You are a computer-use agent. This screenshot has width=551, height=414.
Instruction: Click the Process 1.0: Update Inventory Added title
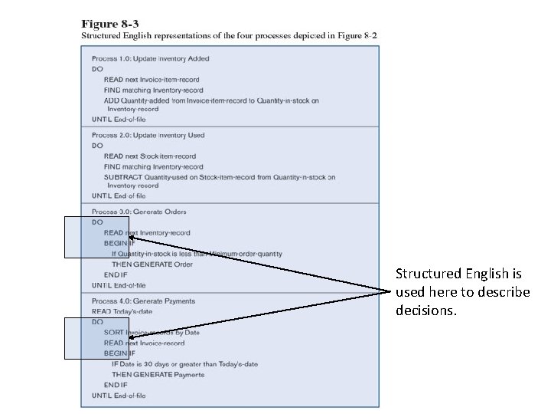pyautogui.click(x=150, y=58)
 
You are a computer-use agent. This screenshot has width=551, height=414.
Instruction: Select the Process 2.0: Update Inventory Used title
pyautogui.click(x=148, y=136)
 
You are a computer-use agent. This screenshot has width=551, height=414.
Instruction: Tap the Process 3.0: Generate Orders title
pyautogui.click(x=139, y=212)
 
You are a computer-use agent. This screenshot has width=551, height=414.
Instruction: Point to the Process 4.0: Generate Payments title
pyautogui.click(x=143, y=301)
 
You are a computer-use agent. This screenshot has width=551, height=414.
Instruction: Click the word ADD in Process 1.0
pyautogui.click(x=112, y=100)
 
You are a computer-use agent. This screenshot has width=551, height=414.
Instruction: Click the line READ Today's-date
pyautogui.click(x=121, y=311)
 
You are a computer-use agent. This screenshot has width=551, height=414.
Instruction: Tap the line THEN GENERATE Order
pyautogui.click(x=152, y=264)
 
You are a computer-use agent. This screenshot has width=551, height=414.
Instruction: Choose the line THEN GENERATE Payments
pyautogui.click(x=158, y=375)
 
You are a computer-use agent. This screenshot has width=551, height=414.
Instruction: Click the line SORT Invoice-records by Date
pyautogui.click(x=152, y=333)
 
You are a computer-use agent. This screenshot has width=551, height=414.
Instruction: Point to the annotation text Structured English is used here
pyautogui.click(x=461, y=292)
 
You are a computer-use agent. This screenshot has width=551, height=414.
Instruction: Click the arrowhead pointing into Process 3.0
pyautogui.click(x=131, y=238)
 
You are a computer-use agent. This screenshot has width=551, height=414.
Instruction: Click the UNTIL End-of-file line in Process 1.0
pyautogui.click(x=119, y=120)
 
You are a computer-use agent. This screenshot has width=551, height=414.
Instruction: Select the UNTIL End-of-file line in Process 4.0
pyautogui.click(x=119, y=396)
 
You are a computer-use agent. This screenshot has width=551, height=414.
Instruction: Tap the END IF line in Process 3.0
pyautogui.click(x=116, y=274)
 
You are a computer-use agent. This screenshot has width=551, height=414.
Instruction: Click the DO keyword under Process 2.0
pyautogui.click(x=97, y=146)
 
